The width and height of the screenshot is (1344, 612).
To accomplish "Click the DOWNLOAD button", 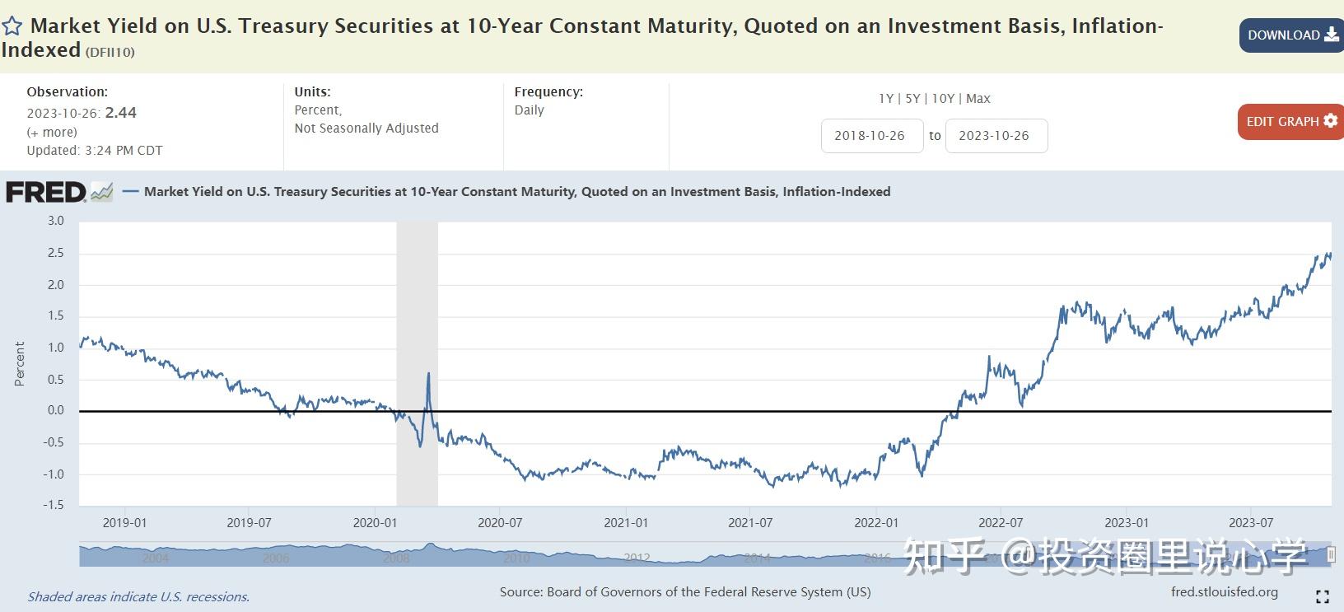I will (x=1291, y=35).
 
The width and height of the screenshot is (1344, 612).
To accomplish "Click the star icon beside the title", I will (x=12, y=26).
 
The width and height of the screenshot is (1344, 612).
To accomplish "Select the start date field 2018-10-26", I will (x=870, y=136).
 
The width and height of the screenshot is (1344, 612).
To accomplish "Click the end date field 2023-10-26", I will (x=995, y=136).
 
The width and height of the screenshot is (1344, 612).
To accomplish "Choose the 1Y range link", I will (x=886, y=99).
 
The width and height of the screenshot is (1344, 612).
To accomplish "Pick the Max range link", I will (x=978, y=99).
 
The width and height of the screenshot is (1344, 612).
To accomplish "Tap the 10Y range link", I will (x=943, y=99).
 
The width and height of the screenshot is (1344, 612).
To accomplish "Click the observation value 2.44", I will (x=121, y=113).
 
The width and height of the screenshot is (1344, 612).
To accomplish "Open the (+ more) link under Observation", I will (x=52, y=132).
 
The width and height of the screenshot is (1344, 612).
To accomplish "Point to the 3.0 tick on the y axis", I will (x=55, y=221).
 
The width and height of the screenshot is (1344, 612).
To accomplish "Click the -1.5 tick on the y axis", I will (x=54, y=505).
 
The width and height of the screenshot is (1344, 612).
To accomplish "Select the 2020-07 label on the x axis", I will (x=500, y=523).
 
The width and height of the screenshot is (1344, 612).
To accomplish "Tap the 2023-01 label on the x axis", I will (x=1126, y=523).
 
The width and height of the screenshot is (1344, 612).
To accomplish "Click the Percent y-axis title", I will (x=20, y=363).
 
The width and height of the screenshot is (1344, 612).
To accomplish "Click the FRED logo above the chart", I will (x=47, y=192).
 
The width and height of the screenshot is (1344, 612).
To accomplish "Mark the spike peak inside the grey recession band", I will (x=428, y=374).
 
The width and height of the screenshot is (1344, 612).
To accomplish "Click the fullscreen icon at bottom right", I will (x=1323, y=596).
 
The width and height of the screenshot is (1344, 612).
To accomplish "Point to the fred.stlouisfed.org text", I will (x=1225, y=591).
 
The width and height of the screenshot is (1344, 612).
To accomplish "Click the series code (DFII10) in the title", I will (x=110, y=52).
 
